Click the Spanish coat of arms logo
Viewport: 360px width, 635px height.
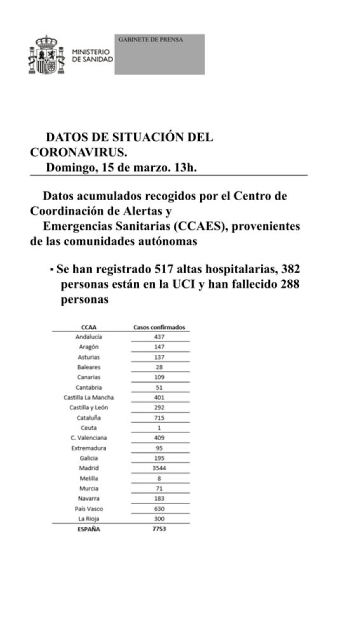coord(48,56)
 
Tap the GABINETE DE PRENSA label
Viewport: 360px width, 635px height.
coord(151,39)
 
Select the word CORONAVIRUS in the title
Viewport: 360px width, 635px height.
coord(78,152)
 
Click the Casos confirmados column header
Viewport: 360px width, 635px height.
coord(159,328)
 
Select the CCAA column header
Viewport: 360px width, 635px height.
coord(89,328)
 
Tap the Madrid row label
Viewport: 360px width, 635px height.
coord(89,468)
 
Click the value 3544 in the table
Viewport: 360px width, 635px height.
coord(159,468)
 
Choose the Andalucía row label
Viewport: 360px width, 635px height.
coord(89,337)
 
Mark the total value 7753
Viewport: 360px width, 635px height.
coord(159,529)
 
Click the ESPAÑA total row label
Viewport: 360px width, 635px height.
coord(89,529)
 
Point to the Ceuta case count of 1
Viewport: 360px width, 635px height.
coord(159,428)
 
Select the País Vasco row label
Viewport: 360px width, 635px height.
coord(89,509)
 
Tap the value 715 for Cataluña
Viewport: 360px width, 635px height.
coord(159,418)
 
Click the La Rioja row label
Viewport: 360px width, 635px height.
coord(89,519)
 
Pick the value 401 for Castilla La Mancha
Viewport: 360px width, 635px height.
coord(159,398)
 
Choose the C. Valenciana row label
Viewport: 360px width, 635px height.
coord(89,438)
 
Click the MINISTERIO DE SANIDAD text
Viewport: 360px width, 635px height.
coord(93,55)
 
